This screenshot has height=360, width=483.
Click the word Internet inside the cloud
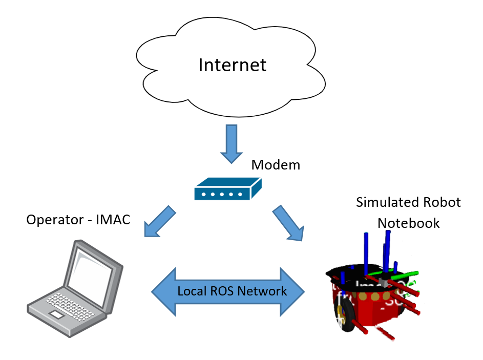[233, 65]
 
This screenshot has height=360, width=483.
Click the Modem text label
[276, 165]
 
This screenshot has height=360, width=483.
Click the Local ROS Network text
[232, 291]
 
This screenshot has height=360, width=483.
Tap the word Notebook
[408, 223]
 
